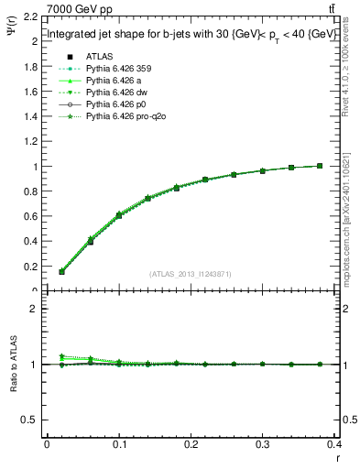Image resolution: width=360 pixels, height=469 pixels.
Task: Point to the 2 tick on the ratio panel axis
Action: pyautogui.click(x=35, y=309)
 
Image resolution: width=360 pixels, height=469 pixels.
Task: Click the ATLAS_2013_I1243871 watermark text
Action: pyautogui.click(x=191, y=274)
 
